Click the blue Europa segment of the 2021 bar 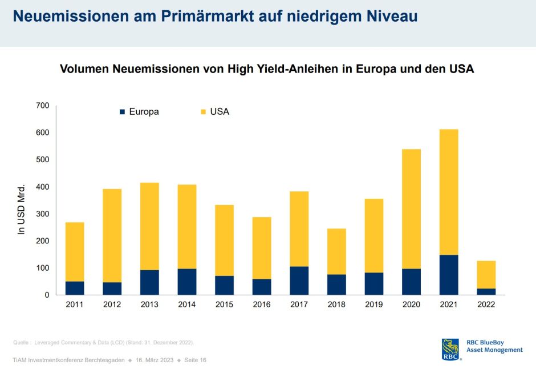pos(449,275)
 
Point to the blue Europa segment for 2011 pos(75,288)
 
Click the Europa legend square pos(122,112)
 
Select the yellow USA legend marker pos(202,112)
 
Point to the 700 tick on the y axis pos(42,106)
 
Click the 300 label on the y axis pos(42,214)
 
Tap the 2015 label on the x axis pos(224,305)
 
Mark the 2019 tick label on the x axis pos(373,305)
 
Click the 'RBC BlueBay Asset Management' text pos(494,346)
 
